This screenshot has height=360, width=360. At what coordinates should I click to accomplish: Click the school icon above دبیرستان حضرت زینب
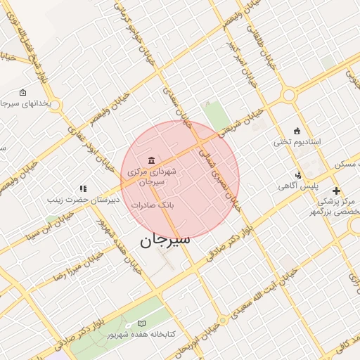pos(83,188)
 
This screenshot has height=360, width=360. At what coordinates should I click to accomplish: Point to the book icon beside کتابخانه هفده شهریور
pos(142,323)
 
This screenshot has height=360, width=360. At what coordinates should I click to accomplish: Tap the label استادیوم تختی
pos(297,142)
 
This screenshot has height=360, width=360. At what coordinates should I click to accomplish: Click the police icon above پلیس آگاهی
pos(298,175)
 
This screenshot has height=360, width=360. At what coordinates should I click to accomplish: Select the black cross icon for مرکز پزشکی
pos(336,191)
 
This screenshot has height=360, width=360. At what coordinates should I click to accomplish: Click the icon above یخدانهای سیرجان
pos(22,92)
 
